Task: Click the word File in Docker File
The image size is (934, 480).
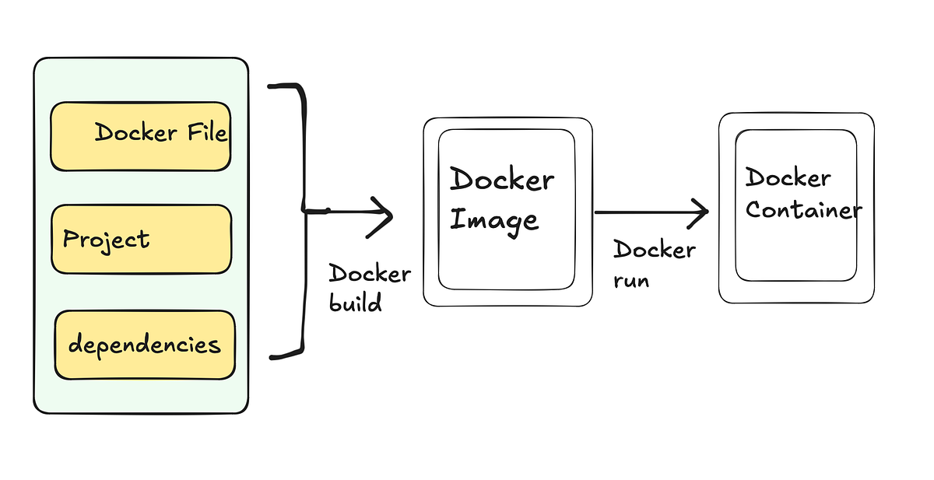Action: coord(206,133)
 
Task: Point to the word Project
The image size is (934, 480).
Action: coord(106,240)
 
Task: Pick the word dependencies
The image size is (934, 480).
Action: coord(144,345)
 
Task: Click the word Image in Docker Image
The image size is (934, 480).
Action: coord(494,219)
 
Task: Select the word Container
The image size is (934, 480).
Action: coord(803,210)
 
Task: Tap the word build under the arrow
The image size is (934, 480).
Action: coord(356,303)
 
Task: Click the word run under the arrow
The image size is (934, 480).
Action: coord(631,279)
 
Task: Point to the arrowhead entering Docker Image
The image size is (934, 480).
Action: coord(384,215)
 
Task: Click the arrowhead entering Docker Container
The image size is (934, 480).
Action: coord(700,211)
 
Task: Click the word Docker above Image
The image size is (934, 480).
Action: coord(502,180)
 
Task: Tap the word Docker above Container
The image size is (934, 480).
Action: coord(788,177)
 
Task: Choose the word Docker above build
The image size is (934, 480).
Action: coord(370,274)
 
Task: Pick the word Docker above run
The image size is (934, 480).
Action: coord(654,250)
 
